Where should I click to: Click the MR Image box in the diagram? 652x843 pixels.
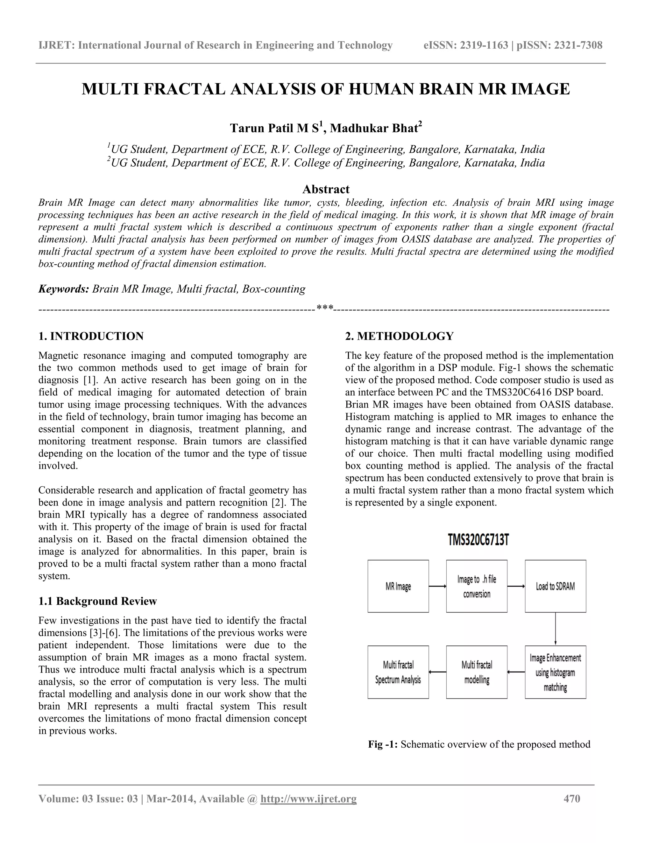click(398, 586)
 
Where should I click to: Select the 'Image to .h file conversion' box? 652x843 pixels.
click(476, 586)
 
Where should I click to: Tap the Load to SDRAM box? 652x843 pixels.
click(555, 586)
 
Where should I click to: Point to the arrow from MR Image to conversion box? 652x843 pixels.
click(437, 586)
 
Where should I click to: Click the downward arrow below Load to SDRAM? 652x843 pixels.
click(556, 628)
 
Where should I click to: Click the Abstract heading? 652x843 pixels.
click(326, 189)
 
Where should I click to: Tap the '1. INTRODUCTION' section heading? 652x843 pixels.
click(91, 336)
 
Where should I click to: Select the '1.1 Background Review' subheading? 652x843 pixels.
click(97, 601)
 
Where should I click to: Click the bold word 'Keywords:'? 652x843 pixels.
click(64, 289)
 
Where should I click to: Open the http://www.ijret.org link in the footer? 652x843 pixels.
click(308, 798)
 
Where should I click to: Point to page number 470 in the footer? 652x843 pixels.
click(572, 798)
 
